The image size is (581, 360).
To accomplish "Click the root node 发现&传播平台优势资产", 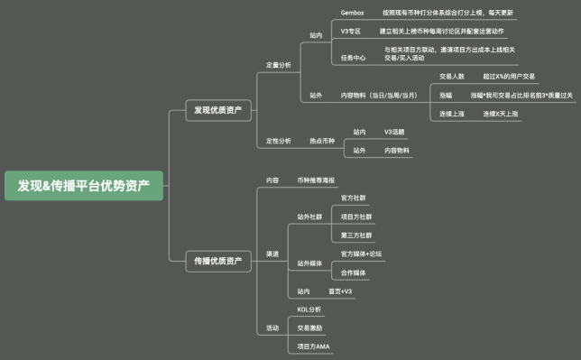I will click(x=84, y=186).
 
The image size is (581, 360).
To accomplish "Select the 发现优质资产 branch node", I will click(x=217, y=110).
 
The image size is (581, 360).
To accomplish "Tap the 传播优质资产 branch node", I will click(x=217, y=261).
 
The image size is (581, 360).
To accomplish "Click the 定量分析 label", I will click(x=278, y=65).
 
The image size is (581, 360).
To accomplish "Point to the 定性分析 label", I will click(x=278, y=141).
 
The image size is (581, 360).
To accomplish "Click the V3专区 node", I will click(x=351, y=32).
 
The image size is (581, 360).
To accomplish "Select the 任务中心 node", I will click(x=353, y=57).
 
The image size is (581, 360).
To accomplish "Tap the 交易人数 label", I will click(x=451, y=77).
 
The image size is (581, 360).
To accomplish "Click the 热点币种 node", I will click(x=322, y=141).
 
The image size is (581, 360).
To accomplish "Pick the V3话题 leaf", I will click(x=396, y=132).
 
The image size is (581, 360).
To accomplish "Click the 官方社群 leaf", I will click(x=353, y=198).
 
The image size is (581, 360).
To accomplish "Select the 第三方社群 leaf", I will click(x=355, y=235).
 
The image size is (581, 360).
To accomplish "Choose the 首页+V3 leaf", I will click(x=339, y=291).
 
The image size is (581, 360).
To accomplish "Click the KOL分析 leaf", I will click(x=309, y=309).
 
